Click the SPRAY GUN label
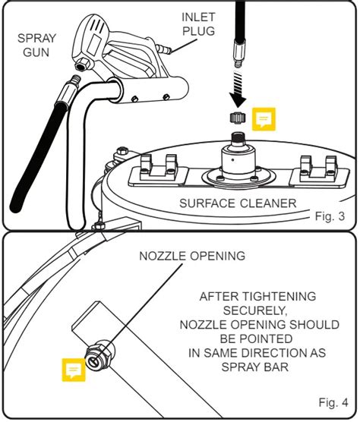point(36,45)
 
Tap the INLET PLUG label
point(198,24)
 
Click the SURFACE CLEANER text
point(238,203)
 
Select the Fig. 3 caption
point(330,216)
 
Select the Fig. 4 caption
point(333,402)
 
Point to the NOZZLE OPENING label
point(192,256)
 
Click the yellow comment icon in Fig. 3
point(264,119)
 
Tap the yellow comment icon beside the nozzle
point(74,370)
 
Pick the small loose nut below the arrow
point(236,118)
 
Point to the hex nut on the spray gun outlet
point(82,65)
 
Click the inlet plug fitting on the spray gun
point(163,49)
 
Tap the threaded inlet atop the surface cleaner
point(238,138)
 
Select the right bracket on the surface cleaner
point(319,172)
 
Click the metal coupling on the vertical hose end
point(238,53)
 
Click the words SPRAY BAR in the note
point(255,367)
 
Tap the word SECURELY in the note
point(255,310)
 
